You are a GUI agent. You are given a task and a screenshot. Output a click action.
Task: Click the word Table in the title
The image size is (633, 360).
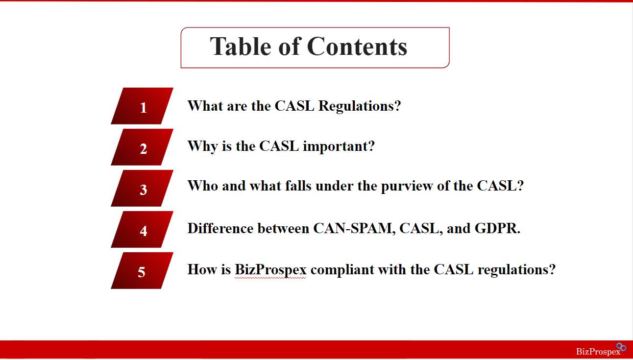[241, 46]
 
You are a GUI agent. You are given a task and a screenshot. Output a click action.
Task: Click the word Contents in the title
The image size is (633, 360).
[357, 46]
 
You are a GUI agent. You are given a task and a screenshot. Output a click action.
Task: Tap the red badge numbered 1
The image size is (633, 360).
[142, 106]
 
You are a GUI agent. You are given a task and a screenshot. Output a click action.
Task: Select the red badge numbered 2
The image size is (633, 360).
[142, 147]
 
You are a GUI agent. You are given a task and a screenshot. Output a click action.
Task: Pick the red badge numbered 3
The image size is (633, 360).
[142, 188]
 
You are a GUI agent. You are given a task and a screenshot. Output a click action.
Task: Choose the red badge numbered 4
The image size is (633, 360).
[142, 229]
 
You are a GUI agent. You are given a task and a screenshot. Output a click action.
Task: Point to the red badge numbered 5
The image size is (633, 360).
[142, 270]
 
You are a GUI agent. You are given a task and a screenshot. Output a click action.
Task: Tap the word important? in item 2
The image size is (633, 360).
[339, 146]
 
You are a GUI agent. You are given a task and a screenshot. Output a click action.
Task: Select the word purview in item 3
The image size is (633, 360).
[407, 187]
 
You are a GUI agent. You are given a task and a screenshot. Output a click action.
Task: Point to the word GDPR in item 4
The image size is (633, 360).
[496, 228]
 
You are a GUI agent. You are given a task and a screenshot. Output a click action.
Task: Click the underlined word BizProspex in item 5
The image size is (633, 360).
[270, 269]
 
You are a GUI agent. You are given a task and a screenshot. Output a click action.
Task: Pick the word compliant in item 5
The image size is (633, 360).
[342, 269]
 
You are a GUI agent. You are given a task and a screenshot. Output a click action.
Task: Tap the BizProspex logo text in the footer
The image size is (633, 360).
[598, 352]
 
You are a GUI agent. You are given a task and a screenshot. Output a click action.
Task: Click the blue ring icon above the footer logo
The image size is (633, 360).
[621, 347]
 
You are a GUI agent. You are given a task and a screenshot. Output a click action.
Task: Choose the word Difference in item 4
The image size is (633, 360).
[220, 228]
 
